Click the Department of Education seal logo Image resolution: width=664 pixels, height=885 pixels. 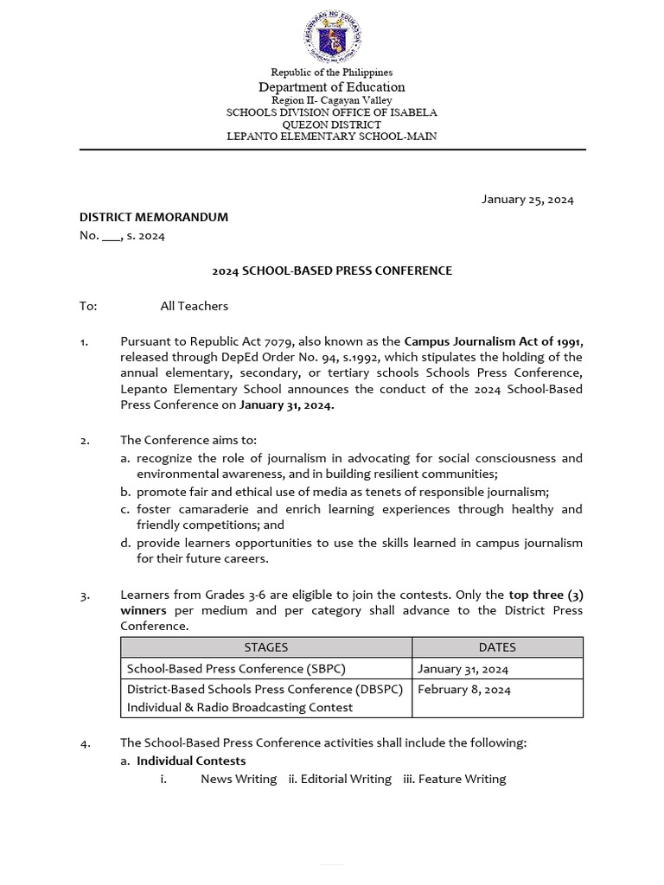point(332,35)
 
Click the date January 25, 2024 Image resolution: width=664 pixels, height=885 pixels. point(527,200)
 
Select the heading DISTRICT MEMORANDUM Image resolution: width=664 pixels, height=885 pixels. point(154,218)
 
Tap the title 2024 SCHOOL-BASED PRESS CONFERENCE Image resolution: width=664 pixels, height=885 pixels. point(332,271)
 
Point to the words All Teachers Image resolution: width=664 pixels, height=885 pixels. point(195,306)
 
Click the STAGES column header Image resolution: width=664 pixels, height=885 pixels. point(266,647)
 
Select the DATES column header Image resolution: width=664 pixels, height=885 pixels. point(497,647)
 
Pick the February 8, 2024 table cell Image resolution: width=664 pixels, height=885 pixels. point(464,690)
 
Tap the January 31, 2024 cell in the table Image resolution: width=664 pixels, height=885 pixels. point(463,669)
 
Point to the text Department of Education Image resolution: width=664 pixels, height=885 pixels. point(332,86)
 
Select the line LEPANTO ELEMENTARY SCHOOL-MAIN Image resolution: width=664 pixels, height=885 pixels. point(332,136)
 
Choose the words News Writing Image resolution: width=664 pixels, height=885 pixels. point(239,779)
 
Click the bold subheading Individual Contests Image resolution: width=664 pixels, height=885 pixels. point(191,761)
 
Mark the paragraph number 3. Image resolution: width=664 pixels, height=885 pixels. point(85,595)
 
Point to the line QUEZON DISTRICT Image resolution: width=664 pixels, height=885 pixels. point(332,124)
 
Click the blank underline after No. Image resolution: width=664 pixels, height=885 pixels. point(112,236)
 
